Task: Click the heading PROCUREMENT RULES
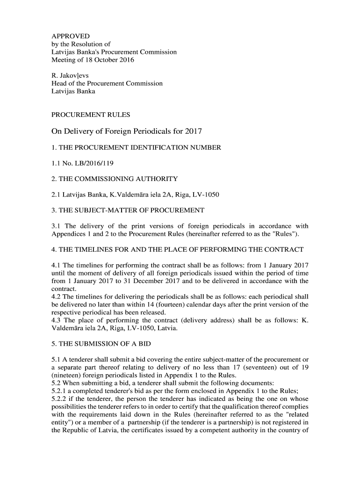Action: pyautogui.click(x=91, y=115)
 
